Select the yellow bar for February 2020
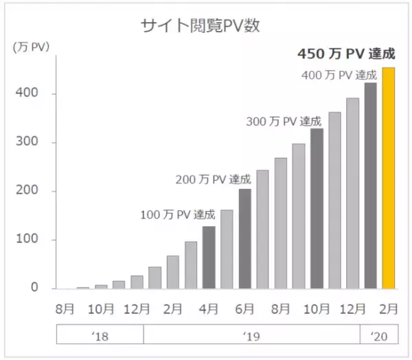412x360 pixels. click(389, 179)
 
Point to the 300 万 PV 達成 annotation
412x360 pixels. click(284, 122)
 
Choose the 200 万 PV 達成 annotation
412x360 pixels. click(212, 180)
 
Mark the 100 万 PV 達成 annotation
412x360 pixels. click(178, 214)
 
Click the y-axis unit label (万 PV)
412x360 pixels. click(31, 47)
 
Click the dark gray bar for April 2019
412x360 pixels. click(209, 258)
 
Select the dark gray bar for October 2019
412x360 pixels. click(317, 209)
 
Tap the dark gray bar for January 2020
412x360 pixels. click(371, 186)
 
